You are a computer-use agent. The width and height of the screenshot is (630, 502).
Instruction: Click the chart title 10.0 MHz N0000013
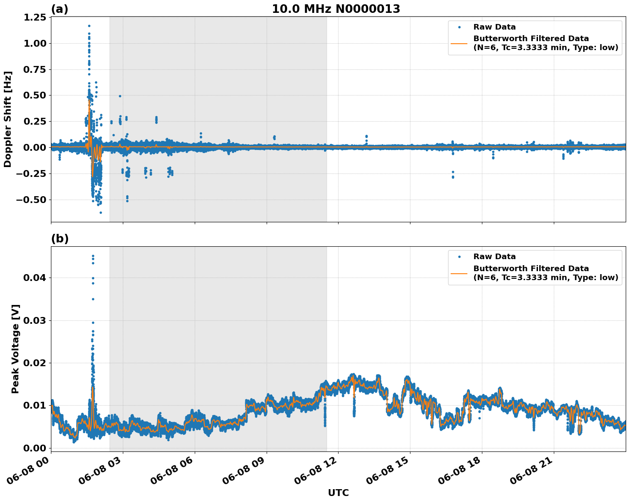(336, 9)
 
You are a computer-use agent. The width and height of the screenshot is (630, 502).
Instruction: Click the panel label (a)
(59, 9)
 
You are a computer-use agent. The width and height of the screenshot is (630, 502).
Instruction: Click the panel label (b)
(59, 239)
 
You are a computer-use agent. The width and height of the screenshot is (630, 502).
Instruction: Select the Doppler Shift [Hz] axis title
(8, 119)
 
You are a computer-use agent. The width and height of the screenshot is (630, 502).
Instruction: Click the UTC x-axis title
(338, 493)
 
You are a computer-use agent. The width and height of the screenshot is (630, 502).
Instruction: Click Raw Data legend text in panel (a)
(494, 27)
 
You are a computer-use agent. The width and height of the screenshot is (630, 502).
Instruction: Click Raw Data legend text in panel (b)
(494, 257)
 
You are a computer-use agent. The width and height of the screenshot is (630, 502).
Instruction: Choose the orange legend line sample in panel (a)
(459, 43)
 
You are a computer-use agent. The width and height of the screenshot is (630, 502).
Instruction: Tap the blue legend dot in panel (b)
(459, 257)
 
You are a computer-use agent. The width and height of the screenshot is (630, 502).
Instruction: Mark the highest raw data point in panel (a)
(89, 26)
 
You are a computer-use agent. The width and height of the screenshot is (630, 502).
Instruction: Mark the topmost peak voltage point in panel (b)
(93, 256)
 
